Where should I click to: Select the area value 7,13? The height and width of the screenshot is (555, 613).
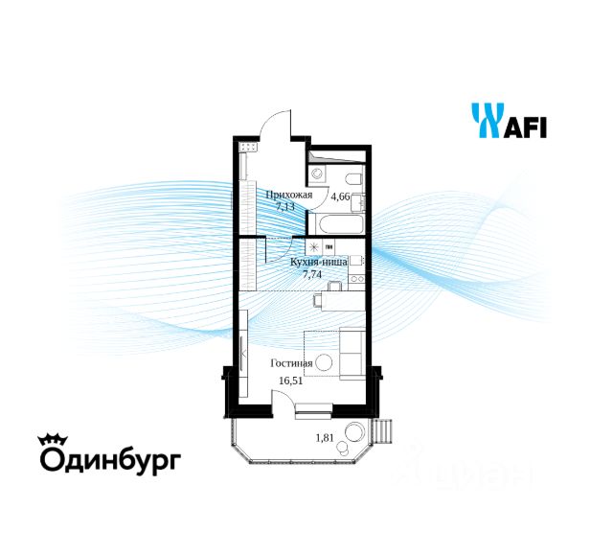pos(284,206)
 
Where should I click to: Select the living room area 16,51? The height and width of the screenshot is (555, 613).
pos(289,380)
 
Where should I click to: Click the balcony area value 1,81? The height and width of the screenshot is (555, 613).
pos(327,439)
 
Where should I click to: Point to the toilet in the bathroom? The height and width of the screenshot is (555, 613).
pos(318,175)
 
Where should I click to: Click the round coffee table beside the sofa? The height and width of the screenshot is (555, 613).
pos(325,363)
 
